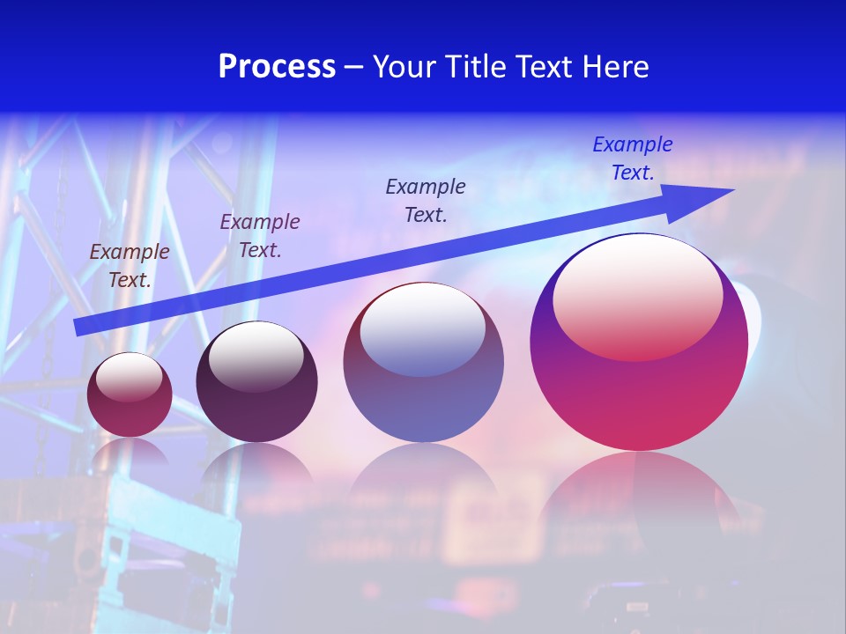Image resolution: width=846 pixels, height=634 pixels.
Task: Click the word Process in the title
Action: point(277,66)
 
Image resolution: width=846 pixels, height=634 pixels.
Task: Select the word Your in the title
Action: point(405,66)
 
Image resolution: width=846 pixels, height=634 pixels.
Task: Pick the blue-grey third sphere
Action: point(423,405)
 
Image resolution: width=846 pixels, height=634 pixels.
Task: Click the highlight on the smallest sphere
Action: point(130,376)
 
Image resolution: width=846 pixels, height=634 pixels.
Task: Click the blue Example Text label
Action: point(633,158)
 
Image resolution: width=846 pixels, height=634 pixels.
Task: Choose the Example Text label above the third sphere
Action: point(426,200)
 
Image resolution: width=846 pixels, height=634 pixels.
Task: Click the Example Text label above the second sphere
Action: point(260,235)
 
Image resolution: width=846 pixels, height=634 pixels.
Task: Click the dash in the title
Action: point(354,67)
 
